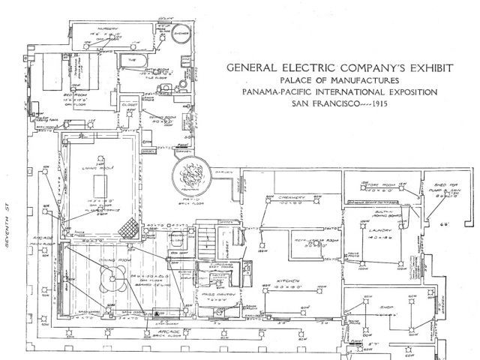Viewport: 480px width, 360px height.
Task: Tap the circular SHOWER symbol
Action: pyautogui.click(x=179, y=37)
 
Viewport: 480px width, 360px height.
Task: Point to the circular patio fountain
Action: pyautogui.click(x=187, y=172)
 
